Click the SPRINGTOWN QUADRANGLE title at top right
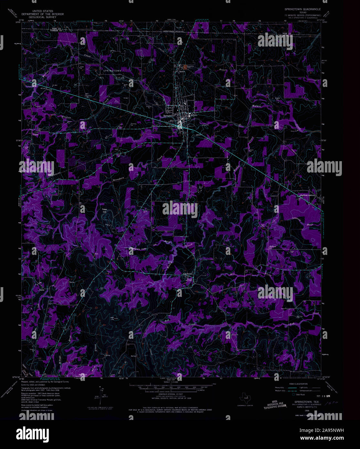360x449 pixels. (302, 9)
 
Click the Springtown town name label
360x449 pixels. (169, 115)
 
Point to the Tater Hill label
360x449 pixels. (104, 211)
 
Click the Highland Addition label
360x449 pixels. (307, 195)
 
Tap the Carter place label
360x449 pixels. (41, 290)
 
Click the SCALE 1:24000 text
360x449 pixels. (171, 382)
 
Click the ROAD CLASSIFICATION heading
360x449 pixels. (298, 384)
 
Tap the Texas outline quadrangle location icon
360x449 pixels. (246, 396)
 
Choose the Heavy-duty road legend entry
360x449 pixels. (280, 387)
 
